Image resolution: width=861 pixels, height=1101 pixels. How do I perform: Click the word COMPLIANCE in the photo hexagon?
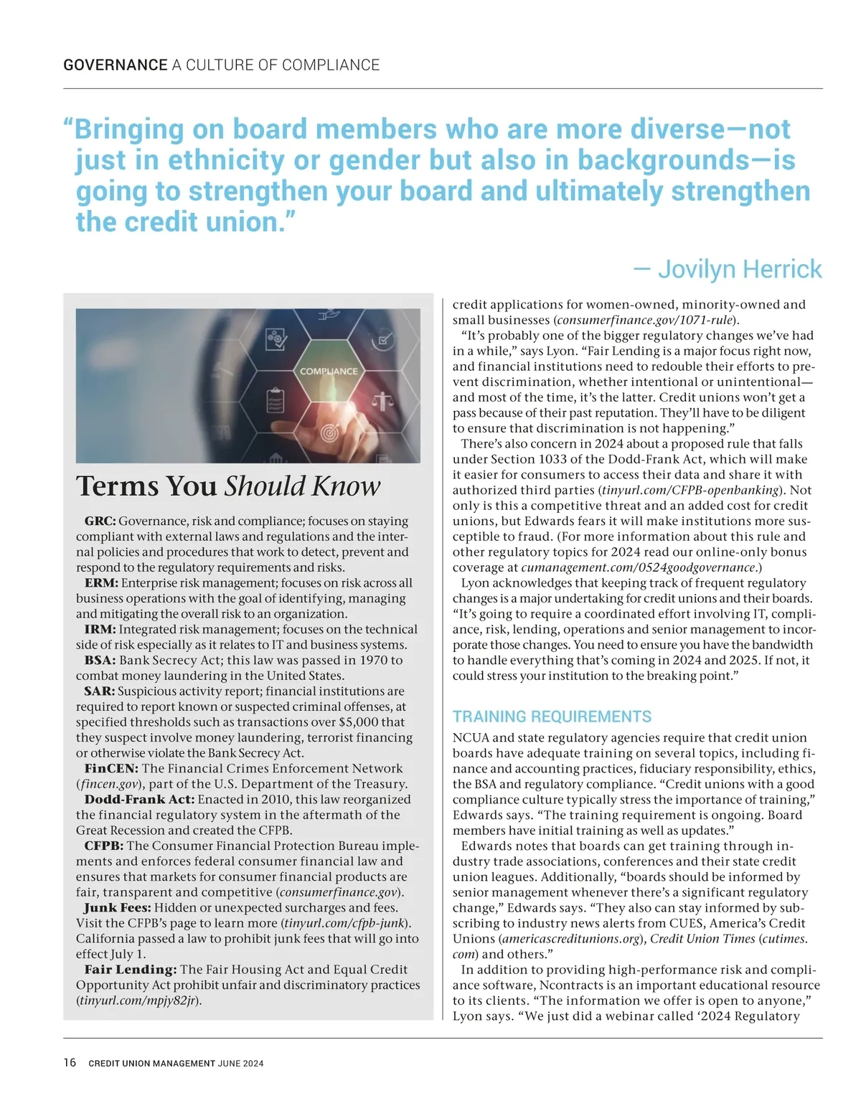328,372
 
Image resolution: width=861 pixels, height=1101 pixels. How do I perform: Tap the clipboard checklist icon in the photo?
275,399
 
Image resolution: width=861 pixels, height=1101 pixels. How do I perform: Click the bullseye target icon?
329,433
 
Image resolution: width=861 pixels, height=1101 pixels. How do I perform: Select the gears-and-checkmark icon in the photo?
277,339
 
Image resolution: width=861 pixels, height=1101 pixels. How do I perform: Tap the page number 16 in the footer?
70,1062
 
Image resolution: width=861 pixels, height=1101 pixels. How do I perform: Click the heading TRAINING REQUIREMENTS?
552,717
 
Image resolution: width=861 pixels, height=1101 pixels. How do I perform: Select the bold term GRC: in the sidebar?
100,521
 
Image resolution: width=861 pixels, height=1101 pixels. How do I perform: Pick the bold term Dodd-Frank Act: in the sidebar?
139,800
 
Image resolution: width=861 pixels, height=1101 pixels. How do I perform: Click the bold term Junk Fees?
117,908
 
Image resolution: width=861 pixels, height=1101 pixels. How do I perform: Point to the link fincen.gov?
108,784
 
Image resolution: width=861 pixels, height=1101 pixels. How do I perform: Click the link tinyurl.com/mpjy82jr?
137,1001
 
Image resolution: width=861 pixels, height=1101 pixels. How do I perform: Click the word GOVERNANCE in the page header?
116,65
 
